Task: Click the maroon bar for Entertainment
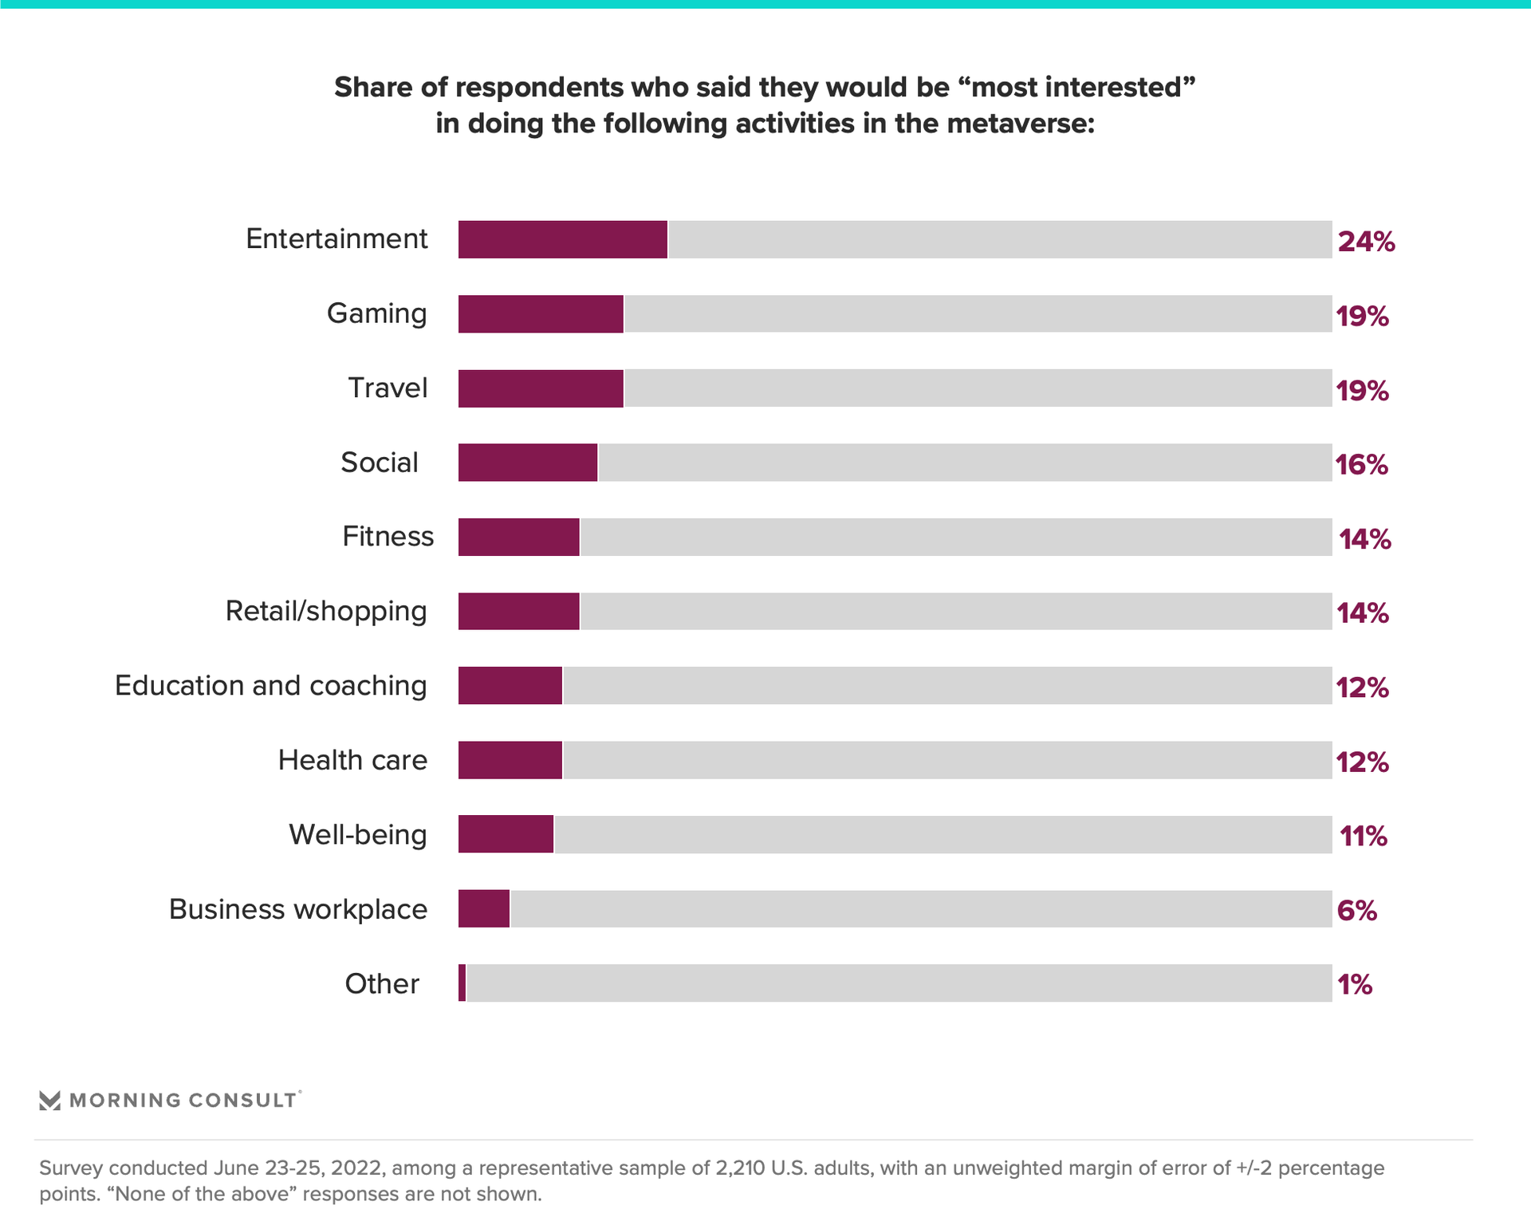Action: point(562,239)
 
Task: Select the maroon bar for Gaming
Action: point(541,313)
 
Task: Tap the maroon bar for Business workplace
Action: point(484,909)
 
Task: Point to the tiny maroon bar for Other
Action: point(462,983)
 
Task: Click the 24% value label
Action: point(1366,242)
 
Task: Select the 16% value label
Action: point(1362,465)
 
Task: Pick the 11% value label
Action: point(1363,837)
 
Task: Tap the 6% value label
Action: point(1356,911)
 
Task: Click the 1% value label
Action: point(1355,985)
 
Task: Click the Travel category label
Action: point(388,388)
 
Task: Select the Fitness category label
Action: point(388,537)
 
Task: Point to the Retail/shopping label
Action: point(326,611)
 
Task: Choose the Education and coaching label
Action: point(271,686)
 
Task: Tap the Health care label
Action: point(352,760)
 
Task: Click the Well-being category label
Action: point(358,835)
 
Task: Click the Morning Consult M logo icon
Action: point(49,1101)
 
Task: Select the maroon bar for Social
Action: point(527,463)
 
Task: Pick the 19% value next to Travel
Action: point(1362,391)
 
